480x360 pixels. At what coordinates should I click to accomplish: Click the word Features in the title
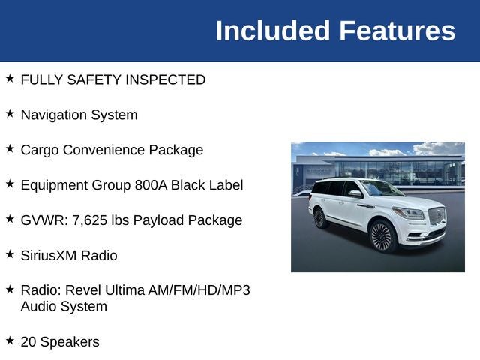tap(397, 31)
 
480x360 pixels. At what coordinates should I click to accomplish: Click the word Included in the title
tap(273, 31)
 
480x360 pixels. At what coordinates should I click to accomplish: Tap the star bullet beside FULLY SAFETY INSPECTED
tap(10, 78)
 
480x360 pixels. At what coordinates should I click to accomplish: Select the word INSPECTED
tap(165, 79)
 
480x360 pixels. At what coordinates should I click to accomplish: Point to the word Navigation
tap(54, 115)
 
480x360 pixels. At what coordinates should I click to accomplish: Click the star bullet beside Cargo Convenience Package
tap(10, 148)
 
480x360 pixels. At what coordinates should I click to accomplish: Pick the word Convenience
tap(106, 150)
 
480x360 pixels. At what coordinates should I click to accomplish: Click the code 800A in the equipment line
tap(151, 185)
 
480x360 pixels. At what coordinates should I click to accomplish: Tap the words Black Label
tap(207, 185)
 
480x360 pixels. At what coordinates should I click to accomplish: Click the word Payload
tap(158, 220)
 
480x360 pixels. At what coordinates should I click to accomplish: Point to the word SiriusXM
tap(49, 256)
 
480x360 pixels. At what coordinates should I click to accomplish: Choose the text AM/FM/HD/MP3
tap(199, 290)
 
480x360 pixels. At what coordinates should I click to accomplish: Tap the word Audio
tap(38, 307)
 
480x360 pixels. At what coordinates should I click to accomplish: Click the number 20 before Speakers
tap(28, 342)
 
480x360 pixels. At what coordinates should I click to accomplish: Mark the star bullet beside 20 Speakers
tap(10, 340)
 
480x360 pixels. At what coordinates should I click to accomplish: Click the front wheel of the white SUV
tap(382, 236)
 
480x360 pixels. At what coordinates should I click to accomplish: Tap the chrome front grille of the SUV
tap(436, 216)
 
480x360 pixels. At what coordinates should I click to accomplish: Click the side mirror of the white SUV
tap(355, 193)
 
